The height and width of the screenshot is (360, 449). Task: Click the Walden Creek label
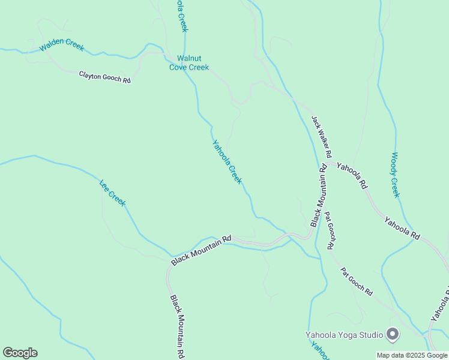[62, 47]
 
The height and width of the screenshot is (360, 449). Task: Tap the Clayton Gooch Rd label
[104, 77]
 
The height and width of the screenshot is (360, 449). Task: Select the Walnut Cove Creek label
[188, 63]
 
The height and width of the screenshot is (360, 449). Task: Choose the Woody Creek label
[395, 175]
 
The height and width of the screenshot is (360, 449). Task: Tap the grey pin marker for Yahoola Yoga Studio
[393, 334]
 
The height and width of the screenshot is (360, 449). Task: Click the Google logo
[20, 353]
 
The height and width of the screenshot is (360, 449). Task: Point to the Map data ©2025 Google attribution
[412, 355]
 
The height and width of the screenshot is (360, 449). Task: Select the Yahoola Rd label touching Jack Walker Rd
[352, 176]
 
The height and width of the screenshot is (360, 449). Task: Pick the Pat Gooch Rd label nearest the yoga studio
[357, 281]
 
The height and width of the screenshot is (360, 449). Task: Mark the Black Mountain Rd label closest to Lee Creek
[201, 250]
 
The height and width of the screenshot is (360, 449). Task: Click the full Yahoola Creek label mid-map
[227, 162]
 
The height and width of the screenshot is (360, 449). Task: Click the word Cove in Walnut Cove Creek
[179, 67]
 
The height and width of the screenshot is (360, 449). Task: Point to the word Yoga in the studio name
[348, 334]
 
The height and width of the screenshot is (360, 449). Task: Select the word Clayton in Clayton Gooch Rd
[92, 75]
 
